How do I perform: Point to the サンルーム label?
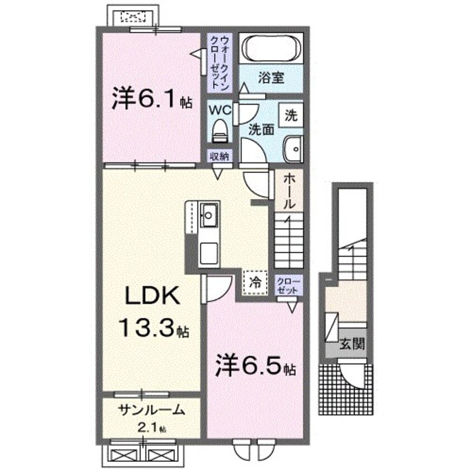point(151,410)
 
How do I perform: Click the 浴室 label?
point(271,78)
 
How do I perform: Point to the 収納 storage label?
point(219,157)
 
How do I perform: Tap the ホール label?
point(289,191)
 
